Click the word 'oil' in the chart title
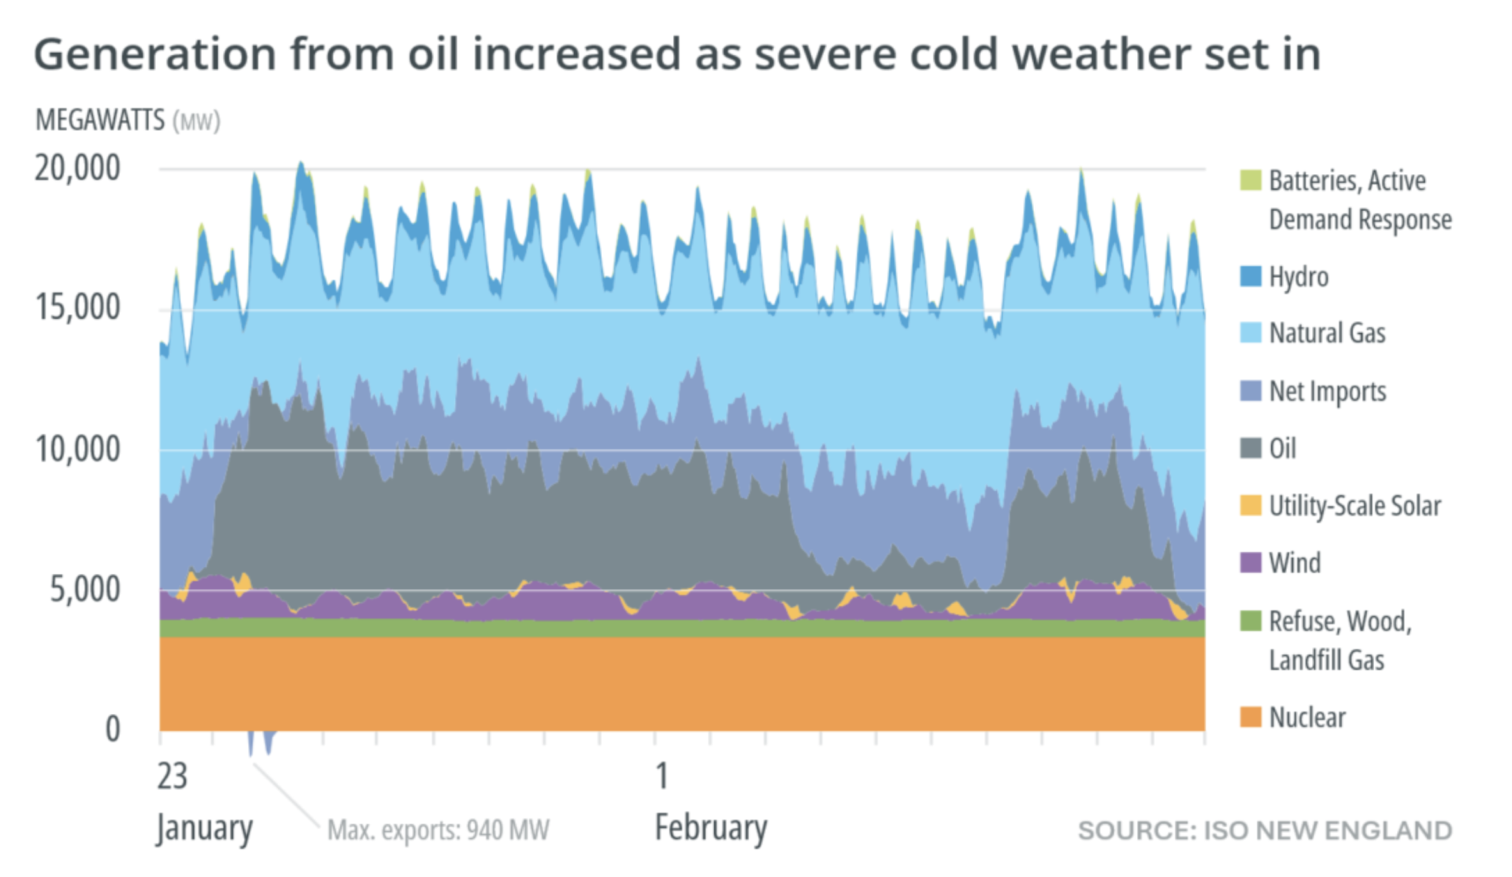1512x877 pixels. tap(432, 54)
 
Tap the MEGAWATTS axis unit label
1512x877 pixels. tap(100, 120)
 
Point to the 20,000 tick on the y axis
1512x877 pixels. tap(77, 168)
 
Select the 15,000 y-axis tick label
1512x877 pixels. tap(77, 308)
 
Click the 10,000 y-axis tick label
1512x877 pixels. tap(77, 450)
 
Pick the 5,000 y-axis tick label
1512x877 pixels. tap(85, 590)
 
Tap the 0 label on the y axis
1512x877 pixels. tap(113, 729)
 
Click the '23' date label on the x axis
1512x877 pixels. tap(172, 777)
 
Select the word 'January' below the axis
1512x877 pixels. tap(204, 828)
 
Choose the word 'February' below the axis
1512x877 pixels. tap(710, 828)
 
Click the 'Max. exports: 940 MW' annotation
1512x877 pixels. tap(438, 831)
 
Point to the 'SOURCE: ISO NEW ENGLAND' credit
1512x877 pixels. tap(1265, 831)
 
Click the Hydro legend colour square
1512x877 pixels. tap(1251, 276)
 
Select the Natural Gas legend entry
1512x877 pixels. tap(1327, 333)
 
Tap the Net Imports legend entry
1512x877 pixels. tap(1327, 391)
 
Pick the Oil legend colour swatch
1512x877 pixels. tap(1251, 448)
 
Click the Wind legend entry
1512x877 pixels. tap(1295, 563)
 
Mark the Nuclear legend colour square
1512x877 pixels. tap(1251, 717)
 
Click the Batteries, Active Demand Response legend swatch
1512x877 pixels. tap(1251, 180)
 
